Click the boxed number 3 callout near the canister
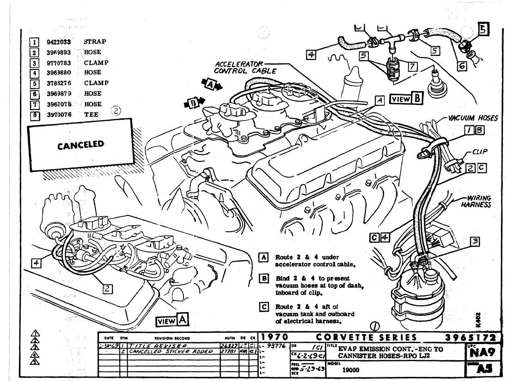[x=474, y=240]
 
